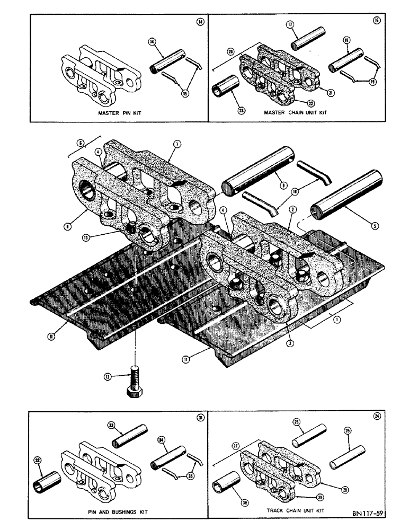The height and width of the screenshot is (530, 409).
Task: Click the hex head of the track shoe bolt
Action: click(x=136, y=393)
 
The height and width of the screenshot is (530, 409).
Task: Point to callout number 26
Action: click(x=297, y=422)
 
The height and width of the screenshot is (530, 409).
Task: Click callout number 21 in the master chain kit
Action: click(x=330, y=93)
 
